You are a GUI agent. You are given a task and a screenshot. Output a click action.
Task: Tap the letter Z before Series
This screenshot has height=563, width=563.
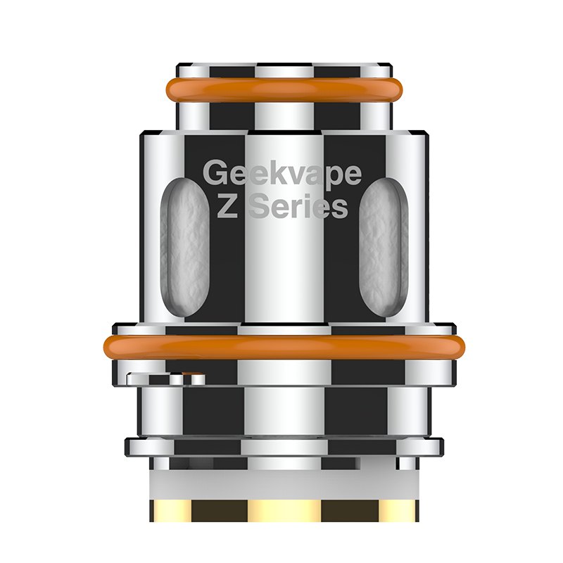coord(227,208)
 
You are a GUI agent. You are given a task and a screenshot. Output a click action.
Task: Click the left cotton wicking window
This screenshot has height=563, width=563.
coord(185,239)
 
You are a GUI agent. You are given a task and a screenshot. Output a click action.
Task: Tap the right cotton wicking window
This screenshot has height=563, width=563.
coord(384,239)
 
